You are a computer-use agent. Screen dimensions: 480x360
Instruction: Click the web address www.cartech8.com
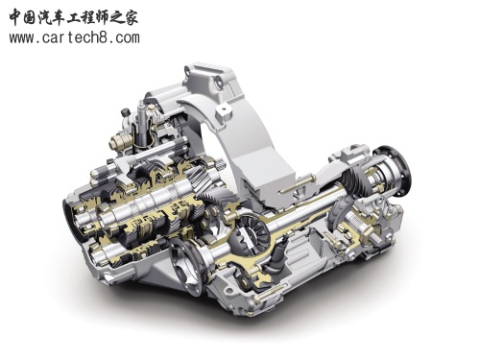click(74, 37)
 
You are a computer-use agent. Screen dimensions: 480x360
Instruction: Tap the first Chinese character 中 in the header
click(16, 16)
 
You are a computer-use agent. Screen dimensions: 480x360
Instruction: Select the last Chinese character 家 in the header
click(131, 16)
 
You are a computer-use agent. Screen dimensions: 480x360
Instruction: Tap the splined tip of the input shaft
click(221, 166)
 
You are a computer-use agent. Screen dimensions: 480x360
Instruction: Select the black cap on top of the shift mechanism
click(125, 112)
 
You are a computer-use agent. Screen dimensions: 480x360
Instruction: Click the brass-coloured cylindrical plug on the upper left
click(119, 141)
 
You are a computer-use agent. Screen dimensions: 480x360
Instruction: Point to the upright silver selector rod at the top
click(142, 122)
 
